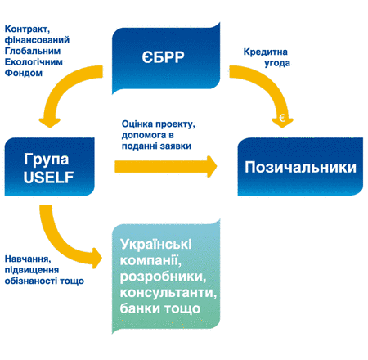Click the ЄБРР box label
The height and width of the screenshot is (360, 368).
tap(163, 57)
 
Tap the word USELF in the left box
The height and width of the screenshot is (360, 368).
tap(48, 178)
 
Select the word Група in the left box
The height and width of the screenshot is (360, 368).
tap(46, 160)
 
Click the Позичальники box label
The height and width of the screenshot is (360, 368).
tap(300, 167)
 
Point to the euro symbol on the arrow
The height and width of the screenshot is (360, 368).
tap(282, 118)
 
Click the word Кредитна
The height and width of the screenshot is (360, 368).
tap(266, 52)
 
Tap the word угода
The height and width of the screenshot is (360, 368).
tap(277, 63)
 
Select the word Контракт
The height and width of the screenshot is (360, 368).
tap(27, 29)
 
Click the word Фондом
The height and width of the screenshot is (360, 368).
tap(24, 73)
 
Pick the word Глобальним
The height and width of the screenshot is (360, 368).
tap(33, 51)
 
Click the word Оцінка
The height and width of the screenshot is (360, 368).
tap(137, 124)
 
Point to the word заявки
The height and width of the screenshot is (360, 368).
tap(176, 146)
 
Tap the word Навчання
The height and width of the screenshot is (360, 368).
tap(28, 259)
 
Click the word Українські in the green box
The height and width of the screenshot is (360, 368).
tap(155, 245)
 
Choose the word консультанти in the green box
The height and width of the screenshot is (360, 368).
tap(168, 293)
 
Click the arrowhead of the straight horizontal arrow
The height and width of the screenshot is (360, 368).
tap(212, 167)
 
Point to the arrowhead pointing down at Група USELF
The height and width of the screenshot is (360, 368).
tap(50, 123)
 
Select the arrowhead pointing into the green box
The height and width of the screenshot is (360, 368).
tap(97, 258)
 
